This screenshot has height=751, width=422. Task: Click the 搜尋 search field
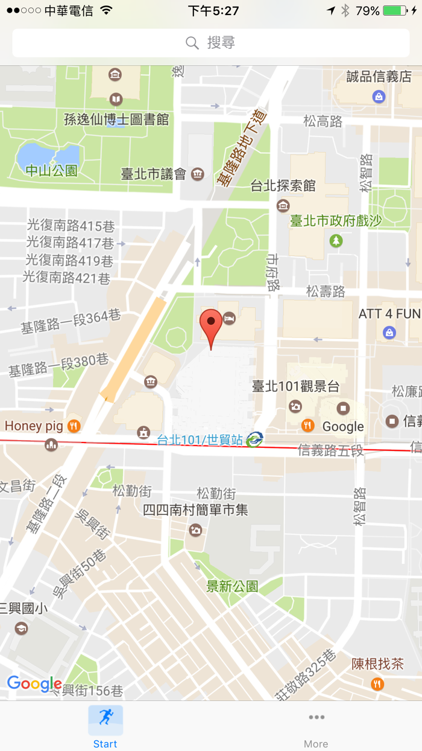211,43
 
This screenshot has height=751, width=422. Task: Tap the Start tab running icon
105,717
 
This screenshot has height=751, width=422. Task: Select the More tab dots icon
316,717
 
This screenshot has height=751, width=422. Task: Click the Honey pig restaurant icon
74,426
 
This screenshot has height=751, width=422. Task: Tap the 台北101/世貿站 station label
200,440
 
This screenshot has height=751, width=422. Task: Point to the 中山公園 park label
51,171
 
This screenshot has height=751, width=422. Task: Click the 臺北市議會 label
154,174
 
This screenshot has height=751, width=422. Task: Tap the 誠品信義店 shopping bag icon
379,96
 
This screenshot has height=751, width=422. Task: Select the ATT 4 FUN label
389,314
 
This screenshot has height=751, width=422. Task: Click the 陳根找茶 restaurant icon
377,683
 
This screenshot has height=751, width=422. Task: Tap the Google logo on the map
34,684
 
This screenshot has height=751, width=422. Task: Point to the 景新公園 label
232,586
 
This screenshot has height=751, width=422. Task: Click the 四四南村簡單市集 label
195,510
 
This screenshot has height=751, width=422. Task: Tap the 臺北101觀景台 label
295,387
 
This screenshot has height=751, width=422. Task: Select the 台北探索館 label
283,186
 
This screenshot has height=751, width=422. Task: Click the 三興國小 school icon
21,628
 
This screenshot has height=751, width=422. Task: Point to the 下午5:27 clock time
213,11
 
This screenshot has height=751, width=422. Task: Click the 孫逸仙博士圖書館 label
116,119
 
